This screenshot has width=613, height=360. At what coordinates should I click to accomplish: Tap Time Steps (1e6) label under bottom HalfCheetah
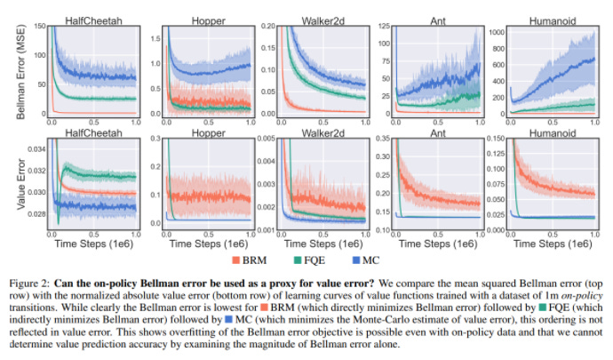coord(92,244)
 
